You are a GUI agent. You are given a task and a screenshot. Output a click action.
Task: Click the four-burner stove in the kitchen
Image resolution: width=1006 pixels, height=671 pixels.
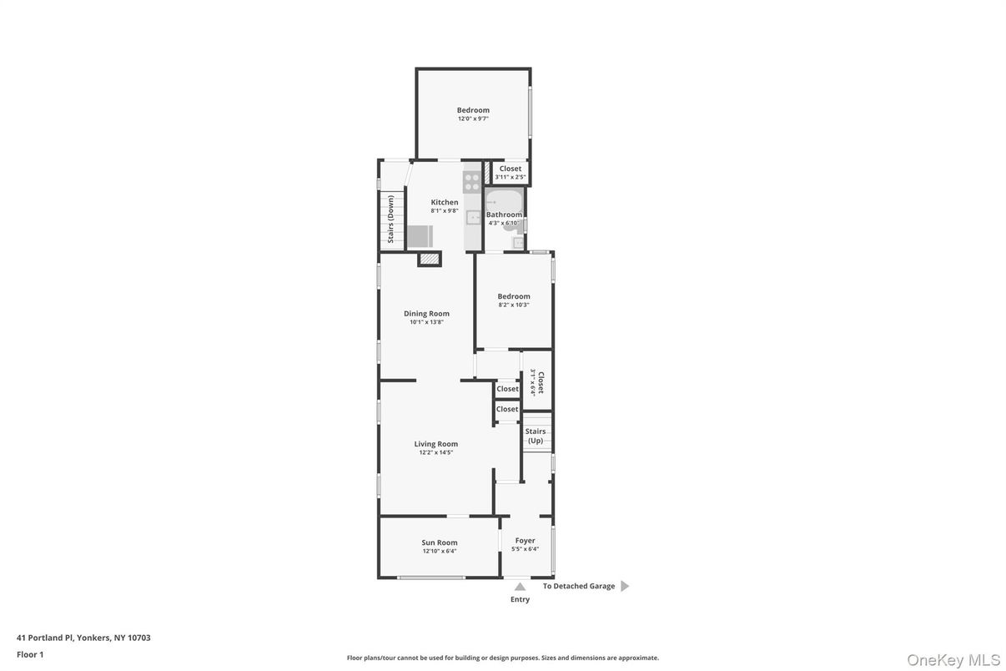point(472,182)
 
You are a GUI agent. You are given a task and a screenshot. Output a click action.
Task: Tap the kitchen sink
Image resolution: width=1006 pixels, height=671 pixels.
point(473,218)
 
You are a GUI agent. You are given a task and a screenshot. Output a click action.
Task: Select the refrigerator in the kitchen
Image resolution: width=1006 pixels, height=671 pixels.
point(420,236)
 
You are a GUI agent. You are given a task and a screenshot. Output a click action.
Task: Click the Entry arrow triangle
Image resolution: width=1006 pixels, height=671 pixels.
point(520,587)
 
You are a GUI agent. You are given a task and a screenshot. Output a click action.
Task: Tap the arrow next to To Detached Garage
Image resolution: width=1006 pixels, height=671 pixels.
point(625,586)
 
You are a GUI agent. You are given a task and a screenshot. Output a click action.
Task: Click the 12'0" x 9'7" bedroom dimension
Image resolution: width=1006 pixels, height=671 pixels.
point(473,119)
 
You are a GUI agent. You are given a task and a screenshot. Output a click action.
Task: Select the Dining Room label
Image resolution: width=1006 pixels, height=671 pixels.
point(426,314)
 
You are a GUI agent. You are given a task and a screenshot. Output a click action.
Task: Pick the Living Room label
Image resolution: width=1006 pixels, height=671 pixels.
point(435,444)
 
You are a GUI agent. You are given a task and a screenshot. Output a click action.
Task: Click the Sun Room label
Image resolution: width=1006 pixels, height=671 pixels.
point(439,542)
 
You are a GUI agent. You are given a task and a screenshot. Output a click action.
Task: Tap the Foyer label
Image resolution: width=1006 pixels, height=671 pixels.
point(525,541)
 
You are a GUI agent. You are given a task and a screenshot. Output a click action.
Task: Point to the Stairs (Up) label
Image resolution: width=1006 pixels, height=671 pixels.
point(535,436)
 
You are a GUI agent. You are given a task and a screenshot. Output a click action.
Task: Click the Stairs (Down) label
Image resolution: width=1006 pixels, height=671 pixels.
point(390,219)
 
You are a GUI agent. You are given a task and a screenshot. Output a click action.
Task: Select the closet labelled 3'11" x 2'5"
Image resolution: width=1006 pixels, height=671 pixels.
point(510,173)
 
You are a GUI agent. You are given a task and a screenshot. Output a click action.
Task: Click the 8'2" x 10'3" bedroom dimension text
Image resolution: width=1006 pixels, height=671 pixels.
point(514,305)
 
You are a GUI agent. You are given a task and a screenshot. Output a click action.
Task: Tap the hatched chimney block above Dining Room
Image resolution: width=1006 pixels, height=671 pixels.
point(430,260)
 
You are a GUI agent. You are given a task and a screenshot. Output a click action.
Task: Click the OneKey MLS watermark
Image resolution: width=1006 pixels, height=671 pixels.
point(953,660)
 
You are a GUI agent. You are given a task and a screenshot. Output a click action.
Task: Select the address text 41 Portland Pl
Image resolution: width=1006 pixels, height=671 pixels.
point(83,638)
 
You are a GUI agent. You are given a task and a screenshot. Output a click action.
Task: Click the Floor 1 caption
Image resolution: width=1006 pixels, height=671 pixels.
point(30,654)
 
